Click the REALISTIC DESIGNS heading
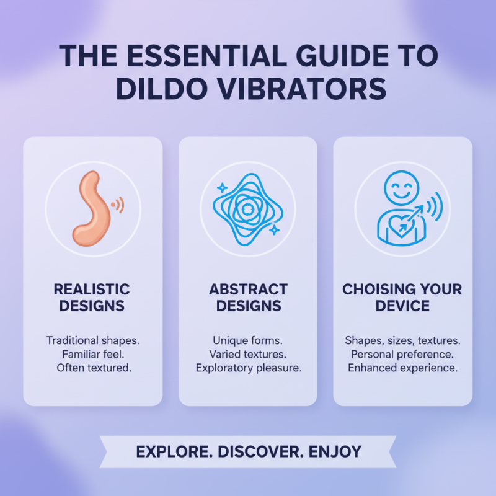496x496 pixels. pos(92,298)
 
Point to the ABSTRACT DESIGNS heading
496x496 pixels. pos(248,298)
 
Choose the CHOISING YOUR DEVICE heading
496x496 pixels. pos(403,298)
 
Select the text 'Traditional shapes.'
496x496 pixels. pos(92,340)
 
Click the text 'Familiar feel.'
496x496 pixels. pos(92,354)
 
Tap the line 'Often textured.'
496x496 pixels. pos(92,368)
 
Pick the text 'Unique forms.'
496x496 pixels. pos(248,340)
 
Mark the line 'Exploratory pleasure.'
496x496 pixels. pos(248,368)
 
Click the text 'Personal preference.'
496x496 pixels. pos(403,354)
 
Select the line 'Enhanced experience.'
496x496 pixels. pos(403,368)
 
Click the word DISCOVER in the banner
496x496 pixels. pos(262,451)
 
